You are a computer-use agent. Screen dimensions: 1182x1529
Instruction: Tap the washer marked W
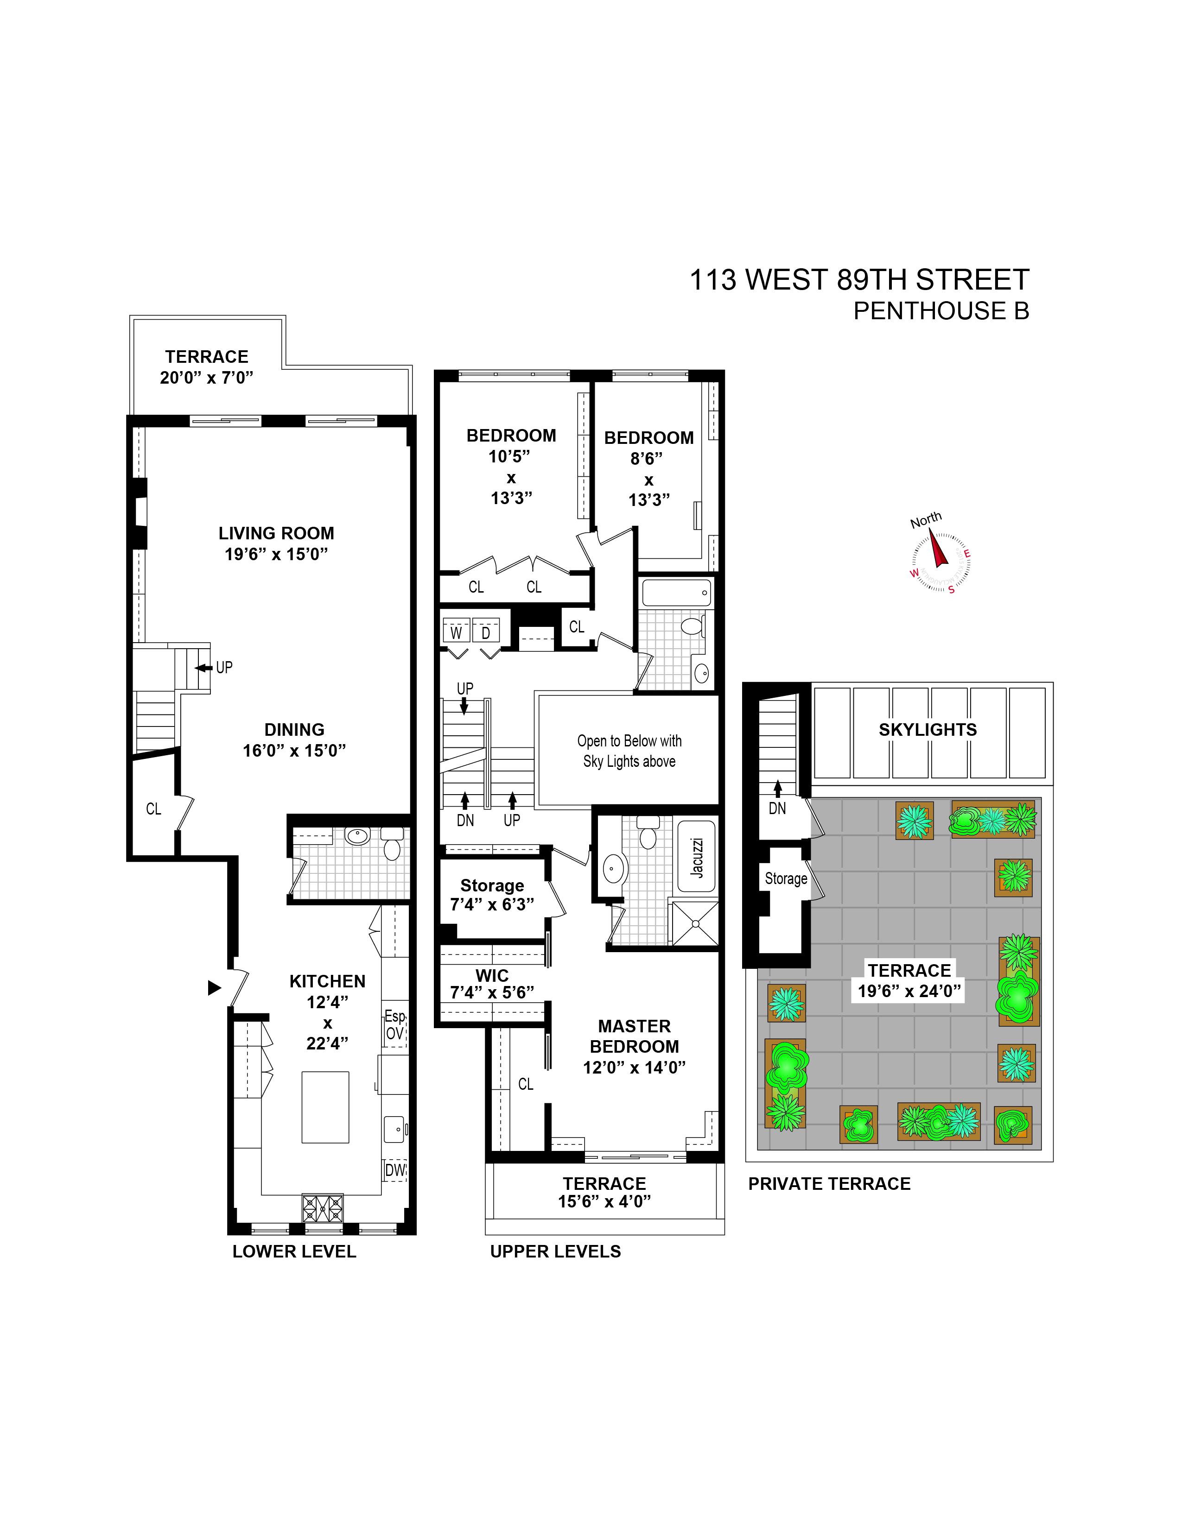click(x=456, y=632)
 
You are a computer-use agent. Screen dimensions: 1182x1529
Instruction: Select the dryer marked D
click(x=486, y=632)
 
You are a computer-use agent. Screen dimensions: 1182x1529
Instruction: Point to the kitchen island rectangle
click(x=325, y=1107)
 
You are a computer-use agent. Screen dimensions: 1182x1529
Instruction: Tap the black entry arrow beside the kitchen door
click(x=214, y=988)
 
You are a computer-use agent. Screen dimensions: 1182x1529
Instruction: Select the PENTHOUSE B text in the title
click(x=941, y=311)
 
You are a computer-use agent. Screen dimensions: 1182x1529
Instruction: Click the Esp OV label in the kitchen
click(x=395, y=1025)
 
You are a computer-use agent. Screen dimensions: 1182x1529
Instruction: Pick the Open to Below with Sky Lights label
click(x=629, y=751)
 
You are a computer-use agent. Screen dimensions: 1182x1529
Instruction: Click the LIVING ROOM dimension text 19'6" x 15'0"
click(x=276, y=554)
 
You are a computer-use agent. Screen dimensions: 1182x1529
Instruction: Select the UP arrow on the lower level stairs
click(x=204, y=668)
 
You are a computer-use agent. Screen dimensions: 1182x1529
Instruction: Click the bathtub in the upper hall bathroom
click(x=676, y=592)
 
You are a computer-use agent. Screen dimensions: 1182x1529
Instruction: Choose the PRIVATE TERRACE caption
click(x=829, y=1184)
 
